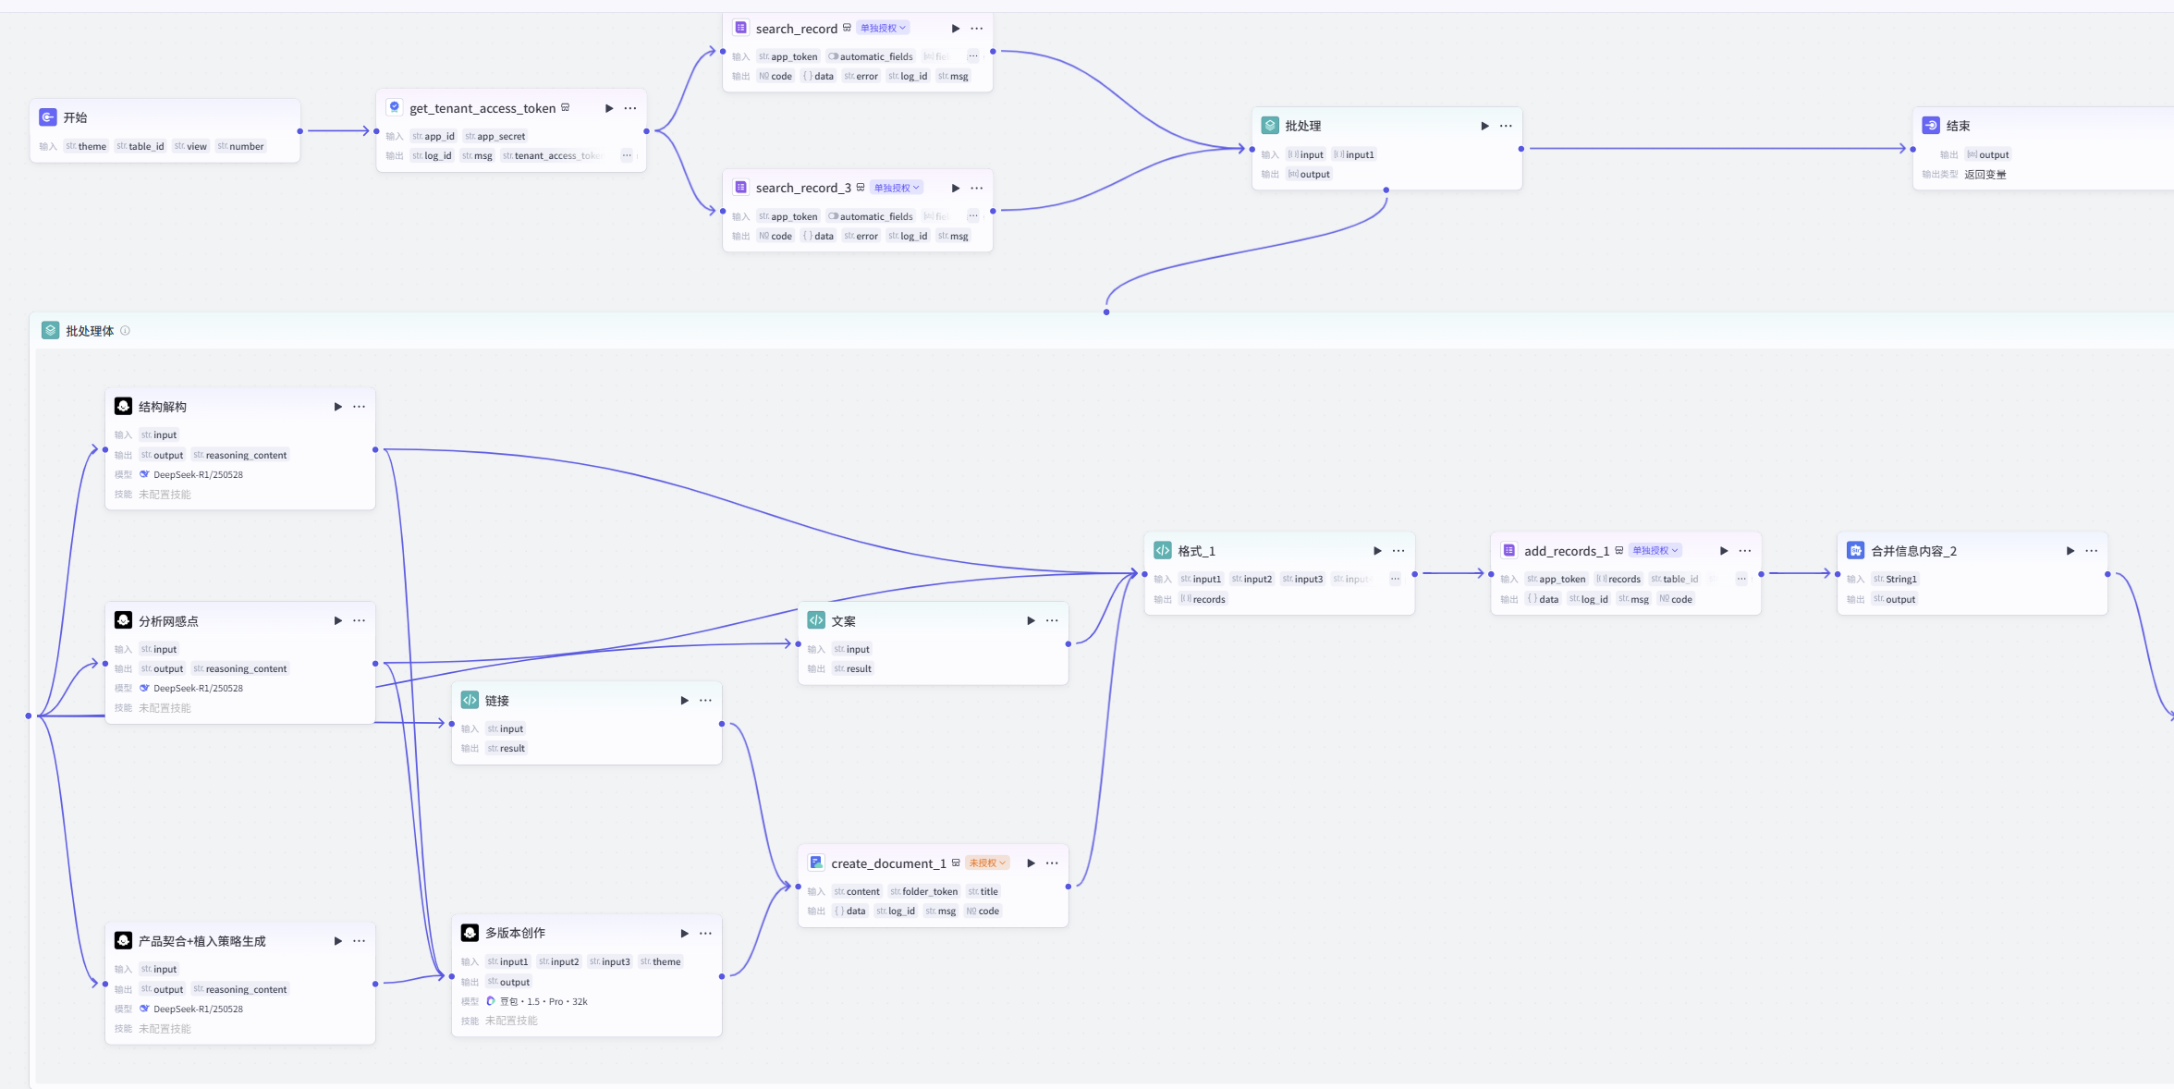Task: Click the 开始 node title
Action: [75, 117]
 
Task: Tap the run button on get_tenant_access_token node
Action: [609, 108]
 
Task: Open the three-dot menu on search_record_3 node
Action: [977, 188]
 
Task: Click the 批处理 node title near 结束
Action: [1302, 126]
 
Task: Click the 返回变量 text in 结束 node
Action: [1985, 174]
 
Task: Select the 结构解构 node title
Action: [163, 407]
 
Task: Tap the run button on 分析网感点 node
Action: [338, 620]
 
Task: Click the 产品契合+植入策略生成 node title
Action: [202, 941]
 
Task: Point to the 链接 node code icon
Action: [470, 700]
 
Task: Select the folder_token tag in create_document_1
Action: [924, 891]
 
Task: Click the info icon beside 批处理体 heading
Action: [126, 331]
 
